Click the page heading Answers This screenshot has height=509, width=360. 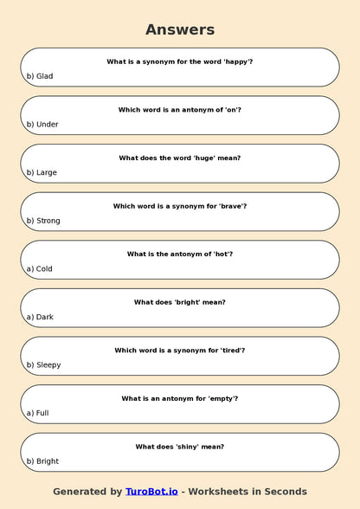coord(180,29)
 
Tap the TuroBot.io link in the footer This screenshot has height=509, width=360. coord(151,491)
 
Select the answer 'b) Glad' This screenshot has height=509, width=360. coord(40,76)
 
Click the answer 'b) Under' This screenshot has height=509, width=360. coord(42,125)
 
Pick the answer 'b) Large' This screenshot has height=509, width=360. coord(42,172)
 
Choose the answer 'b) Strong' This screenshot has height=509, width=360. coord(43,221)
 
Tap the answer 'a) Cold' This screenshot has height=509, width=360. coord(40,268)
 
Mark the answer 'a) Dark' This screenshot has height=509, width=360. coord(40,317)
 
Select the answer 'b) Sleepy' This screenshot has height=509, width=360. coord(43,364)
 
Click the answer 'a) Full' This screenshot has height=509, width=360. coord(37,413)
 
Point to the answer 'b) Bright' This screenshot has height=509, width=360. coord(42,461)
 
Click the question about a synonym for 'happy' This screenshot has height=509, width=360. coord(180,61)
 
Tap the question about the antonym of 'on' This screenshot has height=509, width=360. coord(180,110)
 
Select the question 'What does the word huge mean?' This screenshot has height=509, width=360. coord(180,158)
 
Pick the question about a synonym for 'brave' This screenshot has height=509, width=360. coord(180,206)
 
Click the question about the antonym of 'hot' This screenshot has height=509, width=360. coord(180,254)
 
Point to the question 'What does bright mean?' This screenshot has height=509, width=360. coord(180,302)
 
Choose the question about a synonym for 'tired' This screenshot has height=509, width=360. coord(180,350)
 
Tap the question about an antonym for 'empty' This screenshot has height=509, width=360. coord(180,398)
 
